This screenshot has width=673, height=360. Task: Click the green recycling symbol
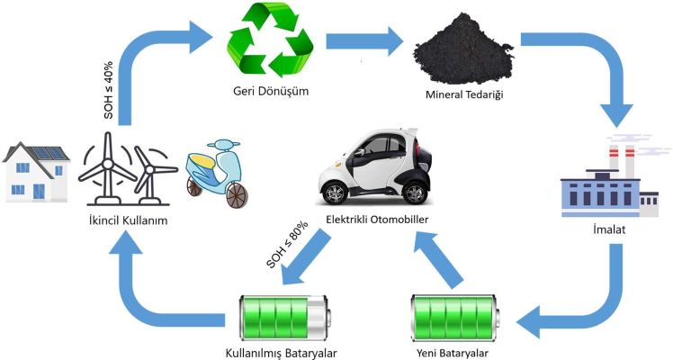274,41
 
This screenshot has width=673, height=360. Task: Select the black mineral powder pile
462,55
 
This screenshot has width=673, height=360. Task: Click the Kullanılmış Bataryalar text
289,352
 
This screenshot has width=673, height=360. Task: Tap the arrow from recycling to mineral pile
364,40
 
